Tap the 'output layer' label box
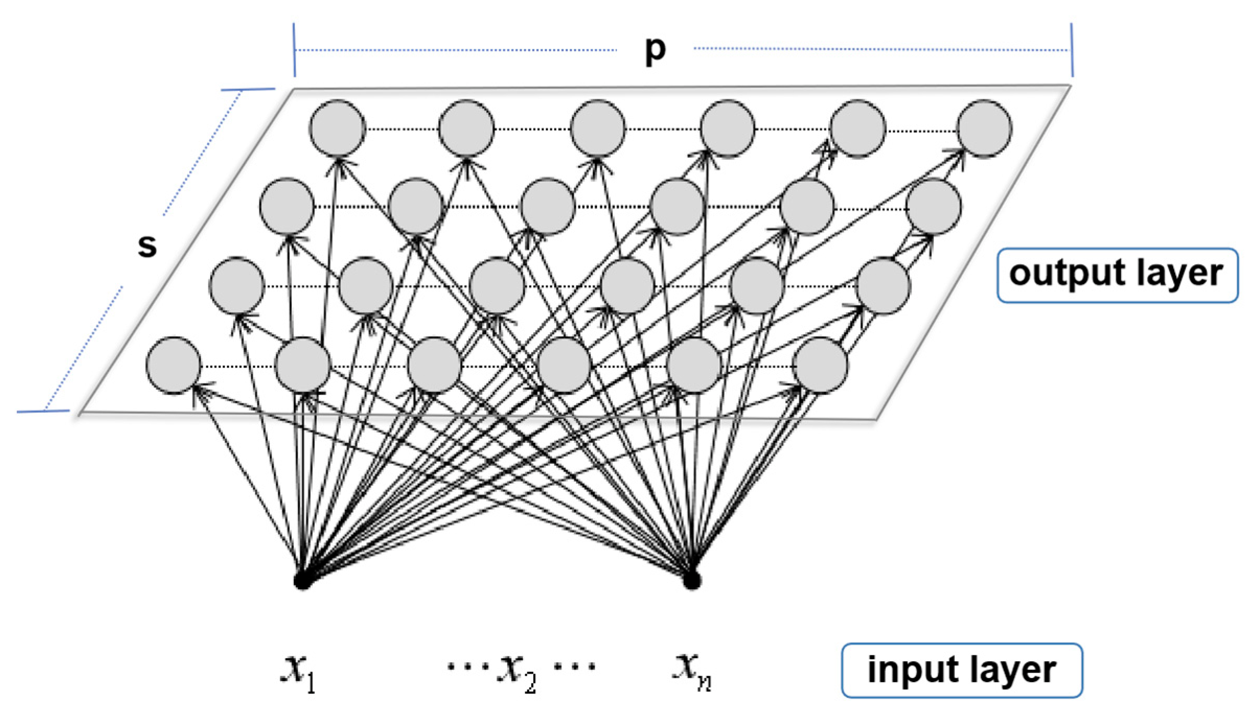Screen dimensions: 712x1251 [1117, 275]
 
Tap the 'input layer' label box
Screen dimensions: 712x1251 [961, 670]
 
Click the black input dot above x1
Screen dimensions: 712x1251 [302, 581]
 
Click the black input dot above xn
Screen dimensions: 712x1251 [692, 580]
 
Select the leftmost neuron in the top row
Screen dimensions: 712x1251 [337, 129]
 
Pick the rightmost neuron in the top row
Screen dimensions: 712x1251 [985, 129]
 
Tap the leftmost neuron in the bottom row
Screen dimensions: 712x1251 [173, 365]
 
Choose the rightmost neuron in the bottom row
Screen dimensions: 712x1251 [820, 365]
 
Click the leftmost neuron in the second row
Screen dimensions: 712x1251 [286, 206]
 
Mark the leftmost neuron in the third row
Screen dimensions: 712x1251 [236, 285]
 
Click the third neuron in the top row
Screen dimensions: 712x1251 [598, 129]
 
